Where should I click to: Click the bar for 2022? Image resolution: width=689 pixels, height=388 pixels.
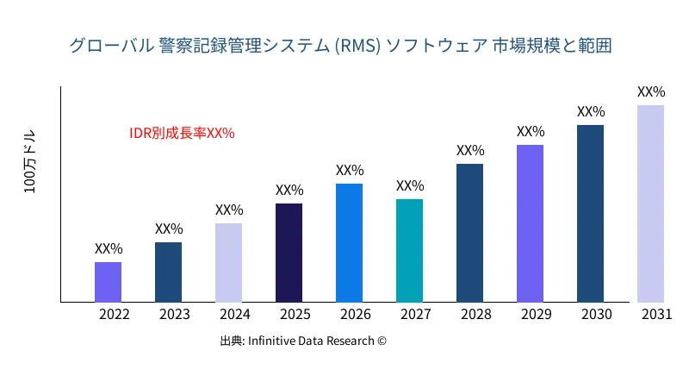[x=108, y=282]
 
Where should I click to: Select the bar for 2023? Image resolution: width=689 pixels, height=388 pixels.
[x=168, y=272]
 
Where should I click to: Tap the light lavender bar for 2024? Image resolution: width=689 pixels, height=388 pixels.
[x=228, y=263]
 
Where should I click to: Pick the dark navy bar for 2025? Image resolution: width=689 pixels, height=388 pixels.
[x=289, y=253]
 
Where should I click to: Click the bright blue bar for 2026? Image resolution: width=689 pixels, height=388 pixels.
[x=349, y=243]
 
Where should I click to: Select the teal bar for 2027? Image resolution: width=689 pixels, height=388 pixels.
[x=409, y=251]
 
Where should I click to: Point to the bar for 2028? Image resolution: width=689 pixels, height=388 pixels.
[x=469, y=233]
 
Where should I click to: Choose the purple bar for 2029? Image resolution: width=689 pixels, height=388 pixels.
[x=530, y=223]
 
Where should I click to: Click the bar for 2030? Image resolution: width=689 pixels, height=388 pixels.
[x=590, y=214]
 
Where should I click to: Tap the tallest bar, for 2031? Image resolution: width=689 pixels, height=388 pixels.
[x=650, y=203]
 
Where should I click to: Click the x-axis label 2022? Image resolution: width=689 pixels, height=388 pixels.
[x=114, y=314]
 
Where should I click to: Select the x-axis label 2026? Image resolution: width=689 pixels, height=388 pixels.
[x=355, y=314]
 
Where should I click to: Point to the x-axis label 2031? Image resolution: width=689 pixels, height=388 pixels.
[x=656, y=314]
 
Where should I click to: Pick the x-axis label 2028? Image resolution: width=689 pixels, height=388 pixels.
[x=475, y=314]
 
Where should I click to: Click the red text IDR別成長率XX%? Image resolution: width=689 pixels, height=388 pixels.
[x=182, y=133]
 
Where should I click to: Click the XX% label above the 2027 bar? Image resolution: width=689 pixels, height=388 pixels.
[x=410, y=186]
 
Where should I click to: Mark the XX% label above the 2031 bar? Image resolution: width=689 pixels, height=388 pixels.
[x=651, y=91]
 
